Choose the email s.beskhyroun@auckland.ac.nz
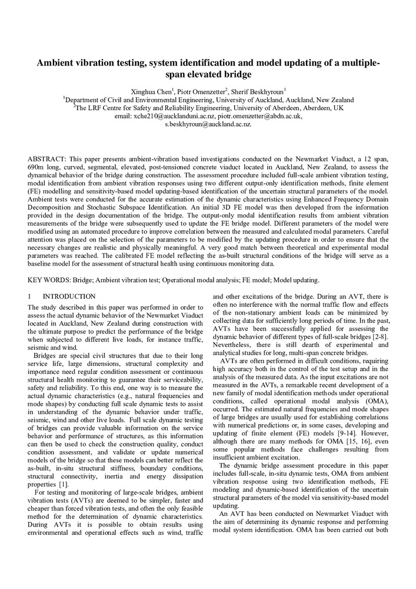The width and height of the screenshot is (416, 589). click(208, 124)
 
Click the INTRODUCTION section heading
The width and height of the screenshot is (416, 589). click(69, 296)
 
